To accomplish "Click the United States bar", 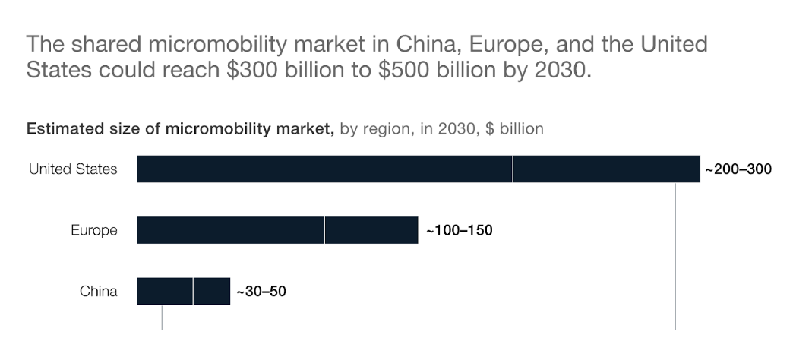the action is tap(419, 169).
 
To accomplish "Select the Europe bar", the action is tap(277, 230).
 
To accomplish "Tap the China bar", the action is tap(183, 291).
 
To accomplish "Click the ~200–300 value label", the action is tap(738, 169).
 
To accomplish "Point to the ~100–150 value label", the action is tap(460, 231).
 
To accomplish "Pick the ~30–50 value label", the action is tap(261, 292).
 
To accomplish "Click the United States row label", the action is tap(74, 169).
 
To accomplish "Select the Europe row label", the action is tap(94, 231).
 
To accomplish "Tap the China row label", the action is tap(99, 291).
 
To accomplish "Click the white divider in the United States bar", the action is tap(512, 169).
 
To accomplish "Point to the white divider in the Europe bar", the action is tap(324, 230).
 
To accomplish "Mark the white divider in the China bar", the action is tap(193, 291).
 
